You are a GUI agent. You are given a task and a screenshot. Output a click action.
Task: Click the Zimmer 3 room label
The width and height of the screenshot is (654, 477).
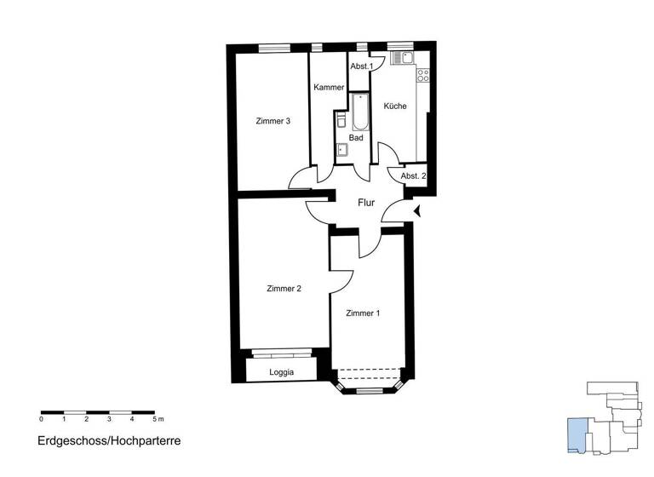[x=273, y=121]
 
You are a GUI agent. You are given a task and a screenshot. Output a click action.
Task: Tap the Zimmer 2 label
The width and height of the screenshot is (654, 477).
[x=284, y=288]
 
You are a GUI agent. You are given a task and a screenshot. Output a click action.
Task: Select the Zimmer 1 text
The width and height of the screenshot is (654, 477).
[x=363, y=313]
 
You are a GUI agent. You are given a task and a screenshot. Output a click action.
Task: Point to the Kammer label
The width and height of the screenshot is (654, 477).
[x=329, y=88]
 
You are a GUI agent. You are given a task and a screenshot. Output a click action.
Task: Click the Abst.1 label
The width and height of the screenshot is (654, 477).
[x=360, y=66]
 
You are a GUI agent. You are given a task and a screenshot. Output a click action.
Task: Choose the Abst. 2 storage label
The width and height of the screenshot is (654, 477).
[x=413, y=175]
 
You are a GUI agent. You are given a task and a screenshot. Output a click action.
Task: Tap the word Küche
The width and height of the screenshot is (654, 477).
[x=395, y=106]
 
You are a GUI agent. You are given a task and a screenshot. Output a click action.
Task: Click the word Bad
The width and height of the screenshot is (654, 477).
[x=356, y=137]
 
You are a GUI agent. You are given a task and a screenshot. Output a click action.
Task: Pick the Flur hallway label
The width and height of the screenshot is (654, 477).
[x=366, y=203]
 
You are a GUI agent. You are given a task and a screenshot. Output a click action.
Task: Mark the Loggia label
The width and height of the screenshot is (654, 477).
[x=282, y=372]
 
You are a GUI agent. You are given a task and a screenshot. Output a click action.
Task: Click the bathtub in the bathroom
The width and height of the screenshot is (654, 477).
[x=360, y=112]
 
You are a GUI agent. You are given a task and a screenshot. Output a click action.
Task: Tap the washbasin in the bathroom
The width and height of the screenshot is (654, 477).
[x=342, y=151]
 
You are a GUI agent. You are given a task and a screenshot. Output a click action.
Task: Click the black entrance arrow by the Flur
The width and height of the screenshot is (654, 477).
[x=416, y=211]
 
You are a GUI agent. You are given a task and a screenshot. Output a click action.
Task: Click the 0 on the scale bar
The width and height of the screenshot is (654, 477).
[x=42, y=420]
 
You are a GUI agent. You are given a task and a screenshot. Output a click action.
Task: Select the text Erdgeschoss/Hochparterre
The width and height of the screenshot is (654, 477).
[x=109, y=441]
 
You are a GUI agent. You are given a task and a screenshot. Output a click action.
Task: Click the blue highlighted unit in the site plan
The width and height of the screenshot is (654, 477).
[x=577, y=434]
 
